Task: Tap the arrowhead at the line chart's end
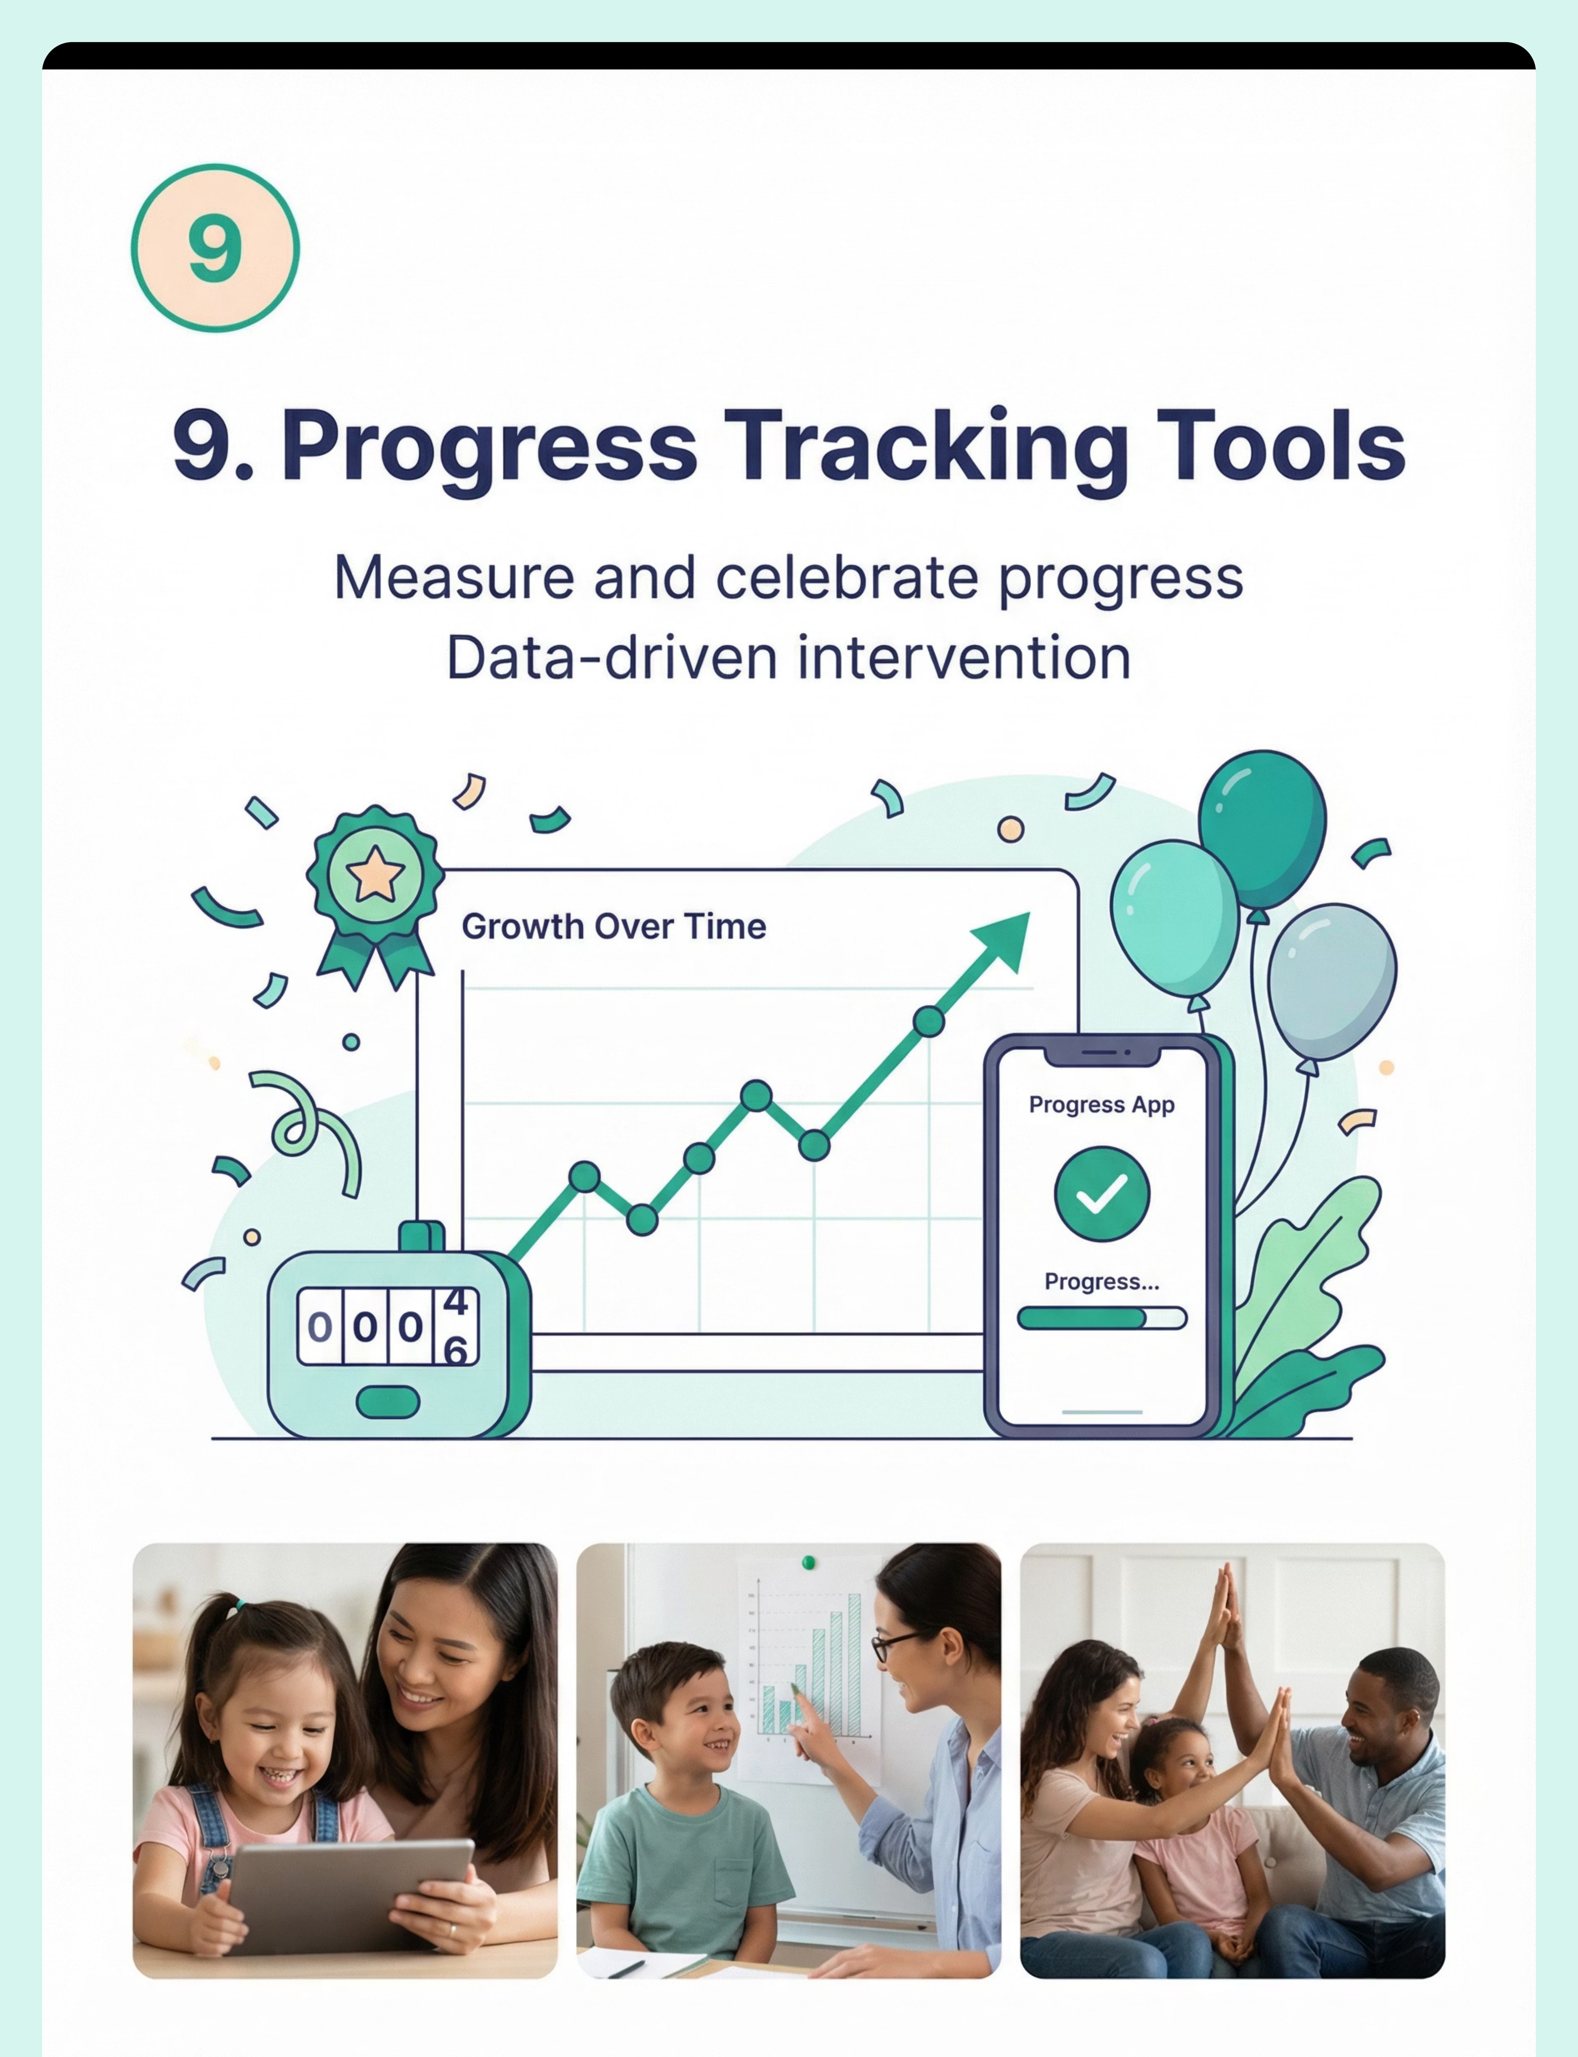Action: point(1003,942)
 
